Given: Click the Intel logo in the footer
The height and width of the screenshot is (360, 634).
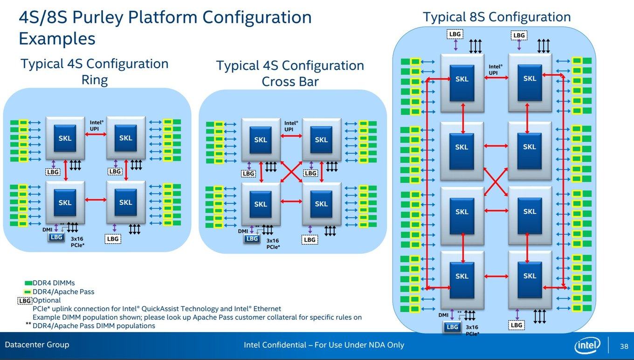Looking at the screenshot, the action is point(587,345).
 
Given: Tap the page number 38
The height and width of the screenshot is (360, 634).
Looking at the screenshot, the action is point(624,346).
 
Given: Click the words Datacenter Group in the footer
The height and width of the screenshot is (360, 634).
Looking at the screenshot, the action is point(37,345).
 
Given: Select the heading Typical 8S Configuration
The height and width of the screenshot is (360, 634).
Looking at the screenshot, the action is point(497,17).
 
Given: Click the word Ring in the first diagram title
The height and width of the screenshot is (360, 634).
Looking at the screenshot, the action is point(95,80).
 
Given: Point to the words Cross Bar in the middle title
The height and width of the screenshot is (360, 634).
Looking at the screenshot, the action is point(290,82).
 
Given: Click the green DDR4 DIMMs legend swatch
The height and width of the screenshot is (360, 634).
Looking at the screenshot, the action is point(28,283).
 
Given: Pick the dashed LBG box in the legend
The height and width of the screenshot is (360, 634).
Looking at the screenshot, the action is point(25,301).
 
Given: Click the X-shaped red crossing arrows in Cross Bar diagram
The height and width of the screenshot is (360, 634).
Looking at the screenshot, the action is point(291,172).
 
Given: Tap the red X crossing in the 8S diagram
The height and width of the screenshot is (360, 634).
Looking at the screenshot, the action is point(496,182).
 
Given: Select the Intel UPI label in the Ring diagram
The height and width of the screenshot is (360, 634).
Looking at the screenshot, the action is point(96,125).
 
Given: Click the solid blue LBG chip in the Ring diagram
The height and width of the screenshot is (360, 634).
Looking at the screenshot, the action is point(56,237).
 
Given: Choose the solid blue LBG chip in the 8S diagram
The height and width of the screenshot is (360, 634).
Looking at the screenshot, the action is point(452,327).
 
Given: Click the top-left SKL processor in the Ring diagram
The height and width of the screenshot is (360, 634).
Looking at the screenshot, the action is point(65,138).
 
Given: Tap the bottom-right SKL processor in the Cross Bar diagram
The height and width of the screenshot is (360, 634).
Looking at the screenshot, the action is point(322,204).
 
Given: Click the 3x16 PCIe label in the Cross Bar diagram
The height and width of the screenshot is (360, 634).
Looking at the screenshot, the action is point(273,244).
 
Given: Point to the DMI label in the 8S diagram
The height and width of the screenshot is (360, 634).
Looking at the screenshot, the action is point(443,315).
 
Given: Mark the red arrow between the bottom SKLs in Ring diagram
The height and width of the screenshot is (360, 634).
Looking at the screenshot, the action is point(96,200).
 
